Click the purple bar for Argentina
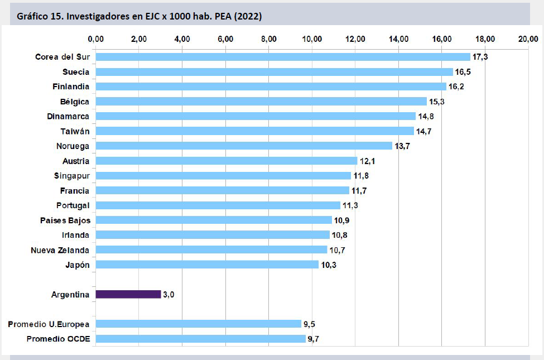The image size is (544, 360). tap(128, 294)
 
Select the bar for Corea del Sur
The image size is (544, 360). tap(283, 57)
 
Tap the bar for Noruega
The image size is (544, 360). tap(244, 146)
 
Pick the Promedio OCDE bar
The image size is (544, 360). tap(201, 339)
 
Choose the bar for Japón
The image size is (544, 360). tap(207, 265)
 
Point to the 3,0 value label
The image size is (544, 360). tap(169, 294)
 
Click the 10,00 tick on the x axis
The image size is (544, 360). tap(312, 39)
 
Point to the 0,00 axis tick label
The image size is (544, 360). tap(96, 39)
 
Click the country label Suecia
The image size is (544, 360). tap(76, 72)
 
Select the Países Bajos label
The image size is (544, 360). tap(65, 220)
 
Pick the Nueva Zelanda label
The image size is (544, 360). tap(60, 249)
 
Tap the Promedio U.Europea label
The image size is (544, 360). tap(49, 324)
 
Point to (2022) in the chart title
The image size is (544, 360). tap(248, 17)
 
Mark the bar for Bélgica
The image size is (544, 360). tap(261, 102)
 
